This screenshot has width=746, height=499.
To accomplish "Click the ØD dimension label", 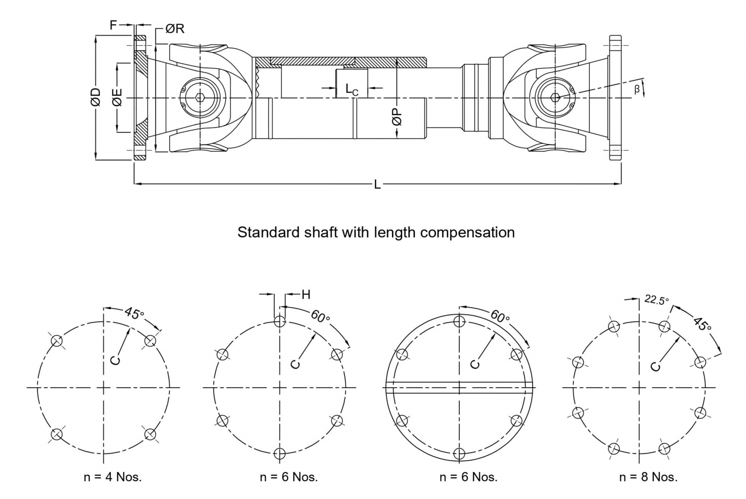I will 96,97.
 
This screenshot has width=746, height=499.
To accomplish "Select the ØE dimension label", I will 117,97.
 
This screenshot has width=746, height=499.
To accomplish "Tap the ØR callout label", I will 175,29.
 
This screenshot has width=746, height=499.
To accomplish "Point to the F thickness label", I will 113,25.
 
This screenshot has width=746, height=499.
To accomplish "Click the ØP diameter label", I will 397,116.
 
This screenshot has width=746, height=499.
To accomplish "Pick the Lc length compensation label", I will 352,89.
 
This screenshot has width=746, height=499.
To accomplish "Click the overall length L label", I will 377,185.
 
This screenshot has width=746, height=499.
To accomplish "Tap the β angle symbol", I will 637,89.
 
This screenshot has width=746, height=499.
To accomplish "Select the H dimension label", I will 306,295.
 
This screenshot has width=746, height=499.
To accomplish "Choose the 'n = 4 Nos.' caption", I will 113,477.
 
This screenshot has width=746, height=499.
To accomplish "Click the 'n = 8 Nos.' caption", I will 648,477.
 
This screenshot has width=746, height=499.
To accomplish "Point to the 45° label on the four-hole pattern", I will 134,314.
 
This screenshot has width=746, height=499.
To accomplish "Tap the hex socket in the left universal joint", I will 200,98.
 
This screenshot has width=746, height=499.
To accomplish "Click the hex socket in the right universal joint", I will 555,98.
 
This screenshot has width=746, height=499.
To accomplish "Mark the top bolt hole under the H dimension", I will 280,321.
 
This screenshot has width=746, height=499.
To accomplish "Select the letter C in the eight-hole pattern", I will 655,366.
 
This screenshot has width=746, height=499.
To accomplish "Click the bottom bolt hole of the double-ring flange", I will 459,453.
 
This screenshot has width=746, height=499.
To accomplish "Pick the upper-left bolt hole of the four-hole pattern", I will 57,341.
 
